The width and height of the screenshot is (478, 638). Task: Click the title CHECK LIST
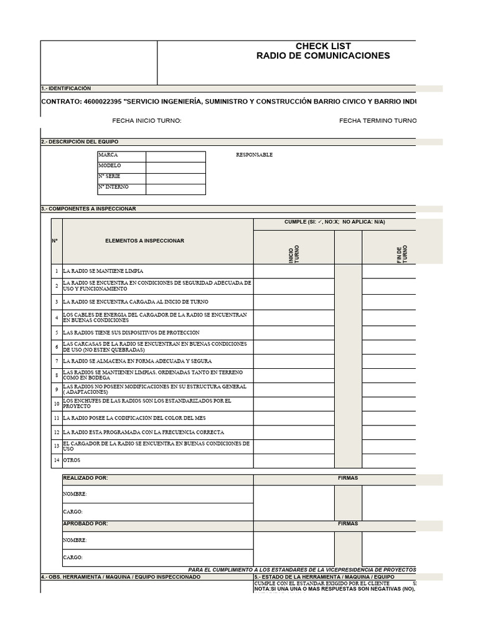tap(323, 46)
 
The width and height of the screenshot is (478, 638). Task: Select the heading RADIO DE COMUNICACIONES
tap(323, 56)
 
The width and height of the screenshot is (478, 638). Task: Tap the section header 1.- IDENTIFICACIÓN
tap(66, 88)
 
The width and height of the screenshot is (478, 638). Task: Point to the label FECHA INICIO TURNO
tap(146, 121)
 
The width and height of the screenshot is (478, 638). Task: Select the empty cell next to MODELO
tap(176, 166)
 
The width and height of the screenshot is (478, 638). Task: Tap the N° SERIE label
tap(110, 177)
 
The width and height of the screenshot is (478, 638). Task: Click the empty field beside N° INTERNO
tap(176, 189)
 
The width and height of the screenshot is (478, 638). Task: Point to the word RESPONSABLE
tap(254, 155)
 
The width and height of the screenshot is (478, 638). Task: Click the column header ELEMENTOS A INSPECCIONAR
tap(144, 240)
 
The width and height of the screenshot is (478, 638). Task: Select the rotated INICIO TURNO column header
tap(294, 254)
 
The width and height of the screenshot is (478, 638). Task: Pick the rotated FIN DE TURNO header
tap(402, 254)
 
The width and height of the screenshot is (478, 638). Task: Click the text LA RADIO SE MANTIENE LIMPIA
tap(103, 271)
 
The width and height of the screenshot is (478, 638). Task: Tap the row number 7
tap(56, 361)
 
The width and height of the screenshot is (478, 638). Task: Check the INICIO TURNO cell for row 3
tap(294, 302)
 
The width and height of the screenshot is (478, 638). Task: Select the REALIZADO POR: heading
tap(85, 478)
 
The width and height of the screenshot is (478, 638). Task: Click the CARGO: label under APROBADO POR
tap(73, 558)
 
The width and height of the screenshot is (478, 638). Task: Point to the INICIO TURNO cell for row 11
tap(294, 418)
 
